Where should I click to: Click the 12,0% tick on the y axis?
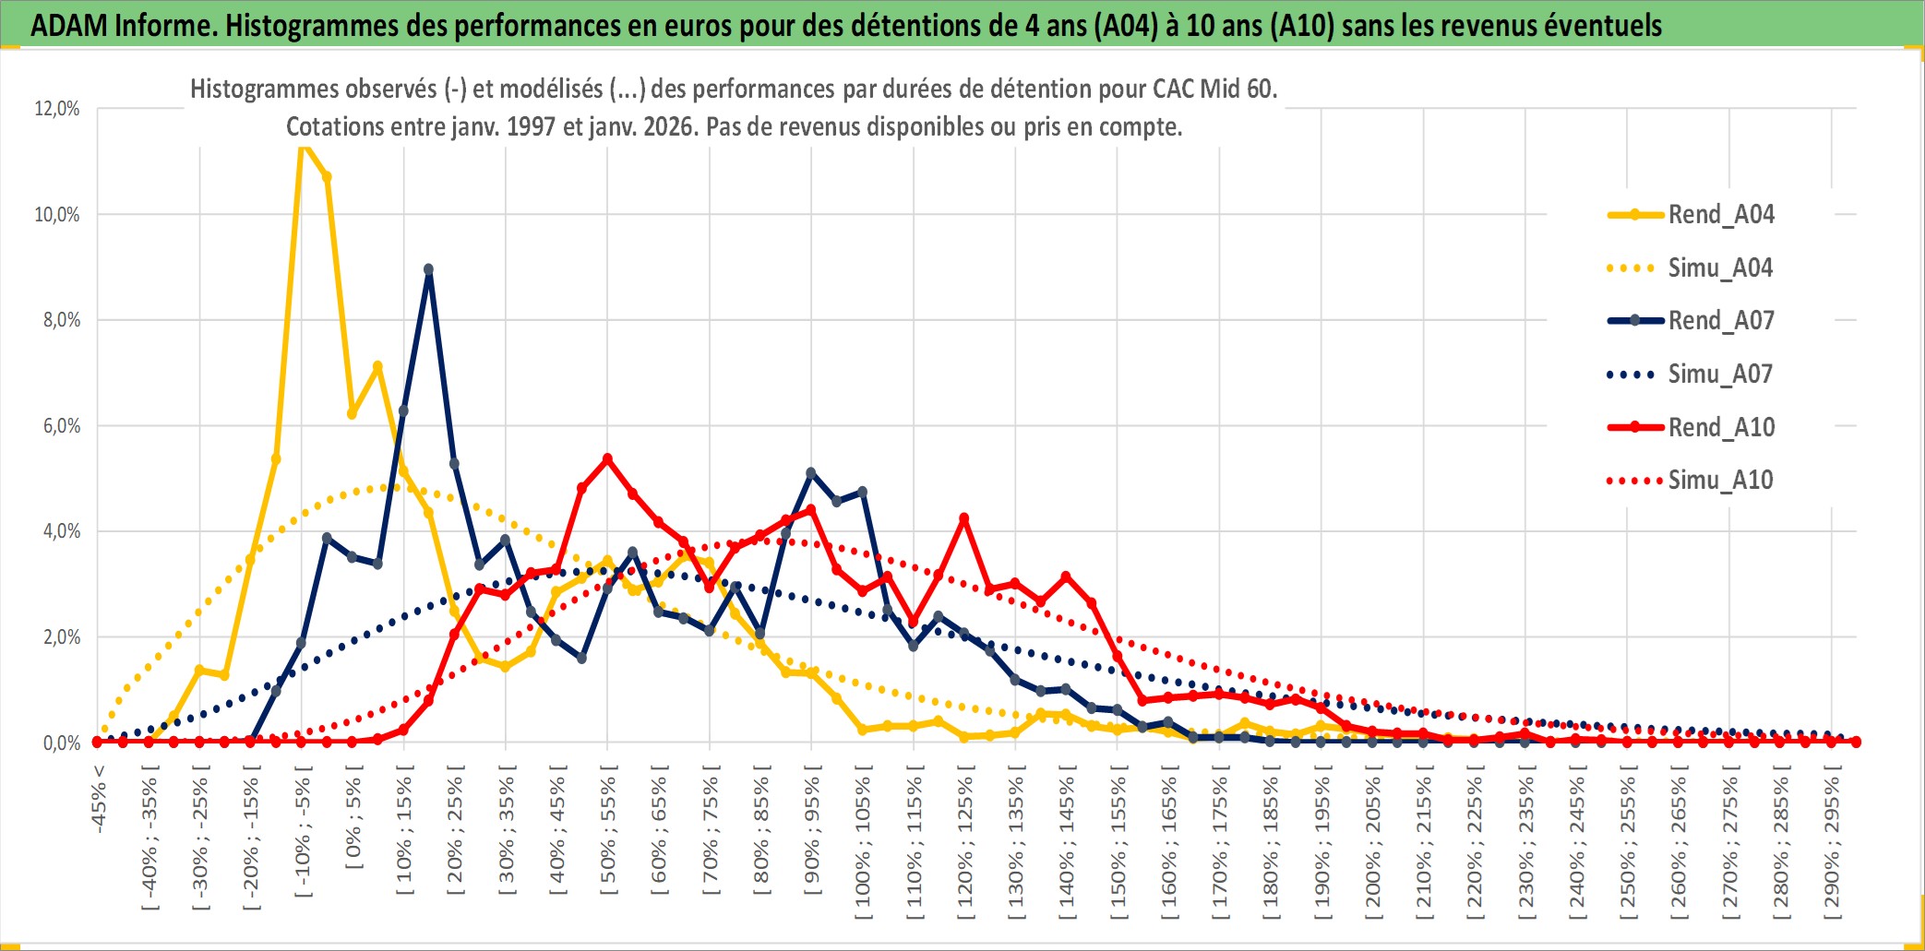(57, 109)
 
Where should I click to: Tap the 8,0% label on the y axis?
(57, 320)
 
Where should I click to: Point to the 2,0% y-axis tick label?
(57, 637)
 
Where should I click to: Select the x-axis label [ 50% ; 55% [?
(608, 836)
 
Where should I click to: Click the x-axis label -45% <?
(99, 799)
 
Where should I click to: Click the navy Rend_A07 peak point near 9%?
(428, 270)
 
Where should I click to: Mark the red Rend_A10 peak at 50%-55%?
(607, 458)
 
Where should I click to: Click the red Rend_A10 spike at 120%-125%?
(964, 518)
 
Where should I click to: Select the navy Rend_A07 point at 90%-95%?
(811, 473)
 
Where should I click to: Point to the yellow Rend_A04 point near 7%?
(377, 366)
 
